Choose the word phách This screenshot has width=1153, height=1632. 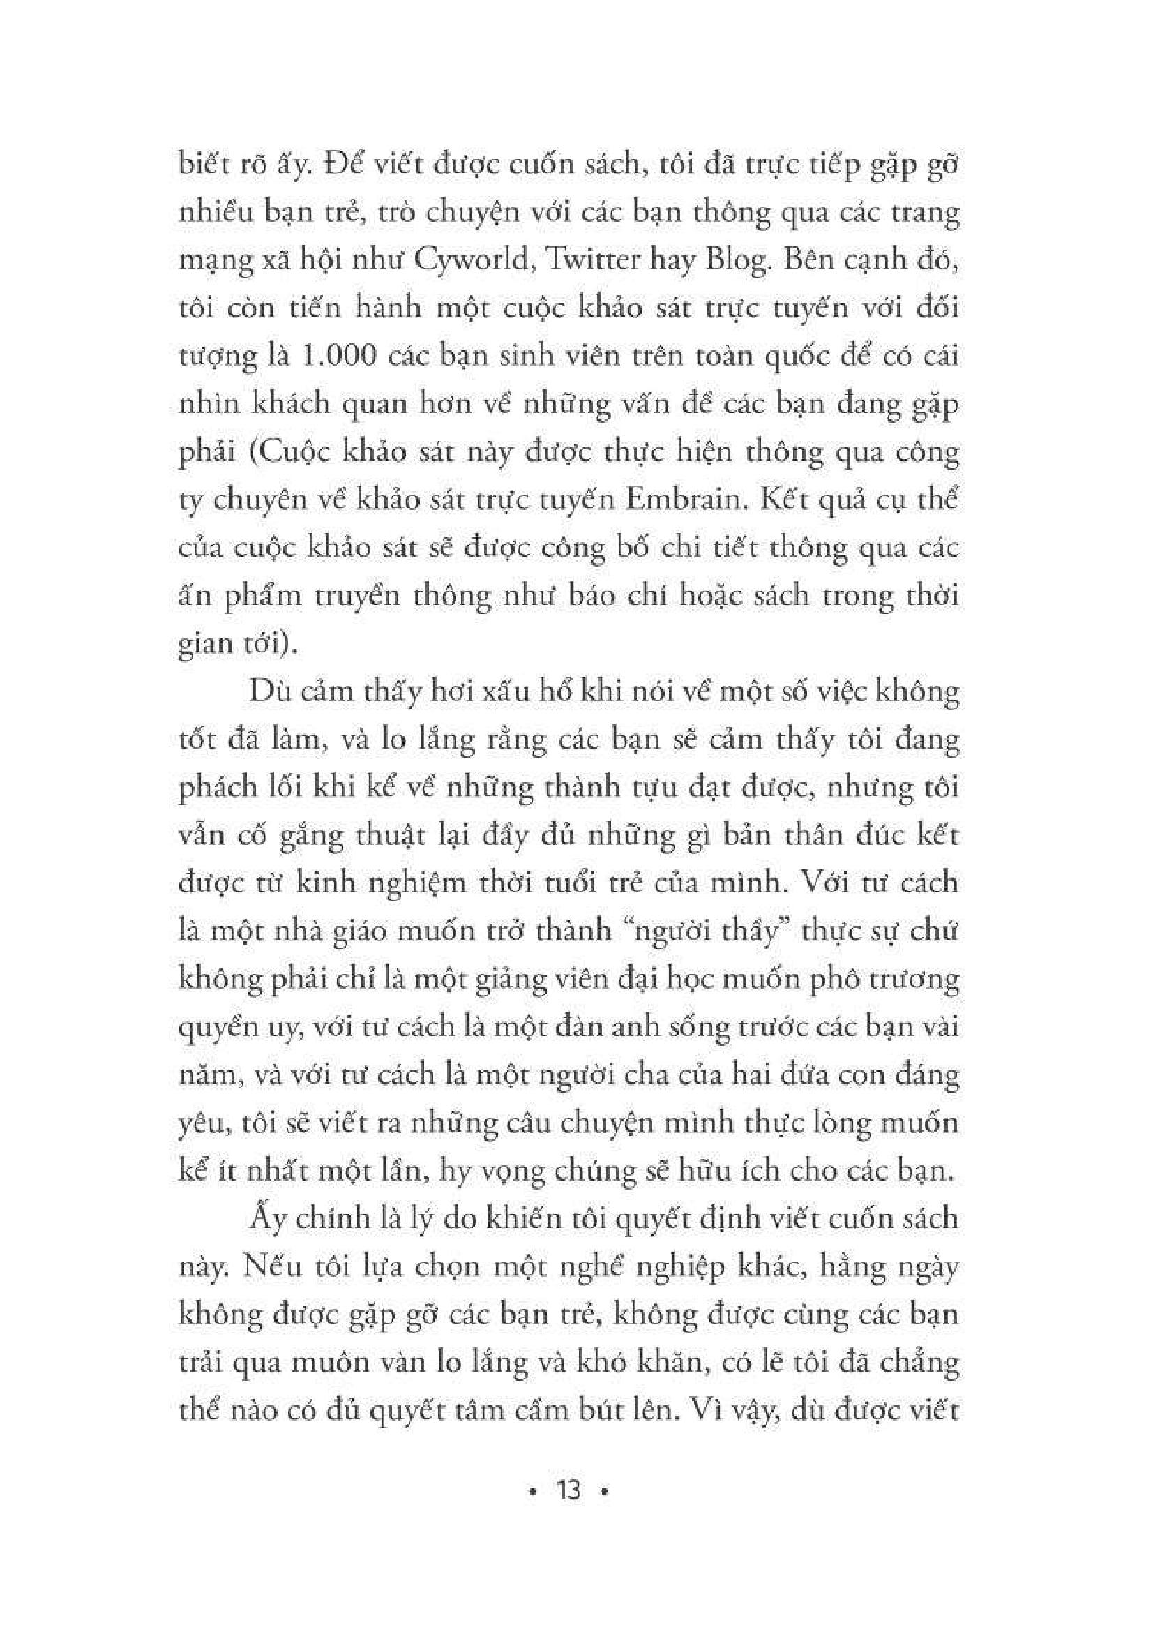[x=218, y=788]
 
